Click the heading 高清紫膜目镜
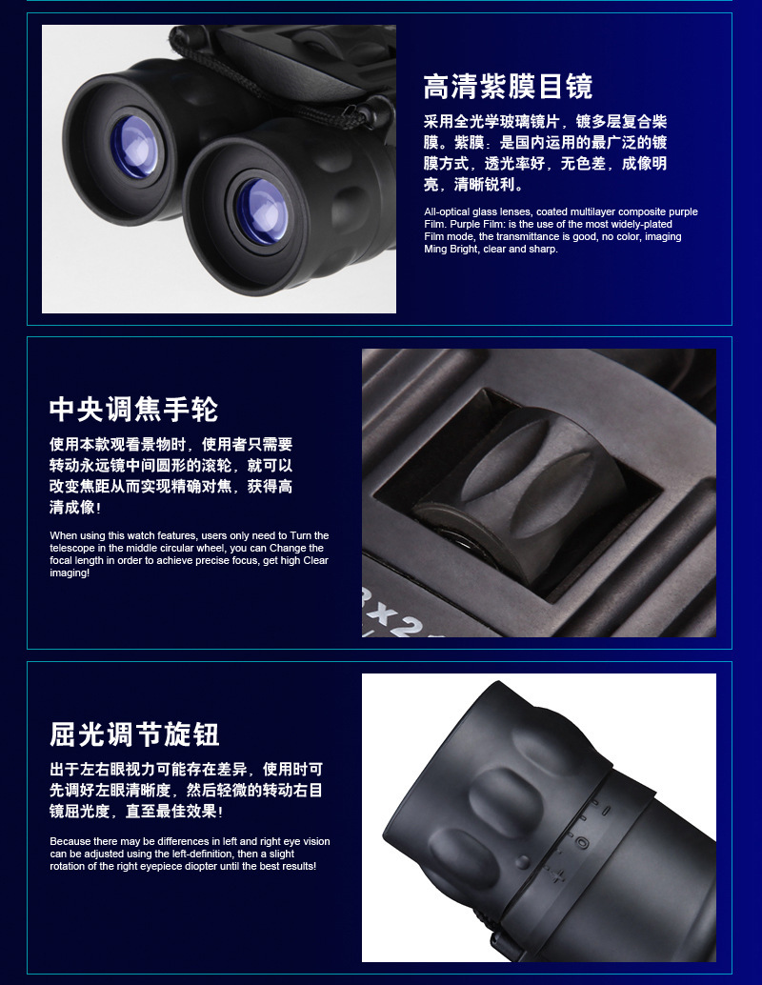(x=508, y=86)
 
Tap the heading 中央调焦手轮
(x=133, y=410)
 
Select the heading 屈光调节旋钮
(x=134, y=734)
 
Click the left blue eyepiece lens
(x=134, y=147)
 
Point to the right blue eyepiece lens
(x=261, y=211)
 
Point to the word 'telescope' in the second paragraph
(x=72, y=548)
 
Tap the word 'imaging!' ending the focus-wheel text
(x=70, y=573)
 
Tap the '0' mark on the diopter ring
(x=582, y=842)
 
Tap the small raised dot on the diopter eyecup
(x=523, y=862)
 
